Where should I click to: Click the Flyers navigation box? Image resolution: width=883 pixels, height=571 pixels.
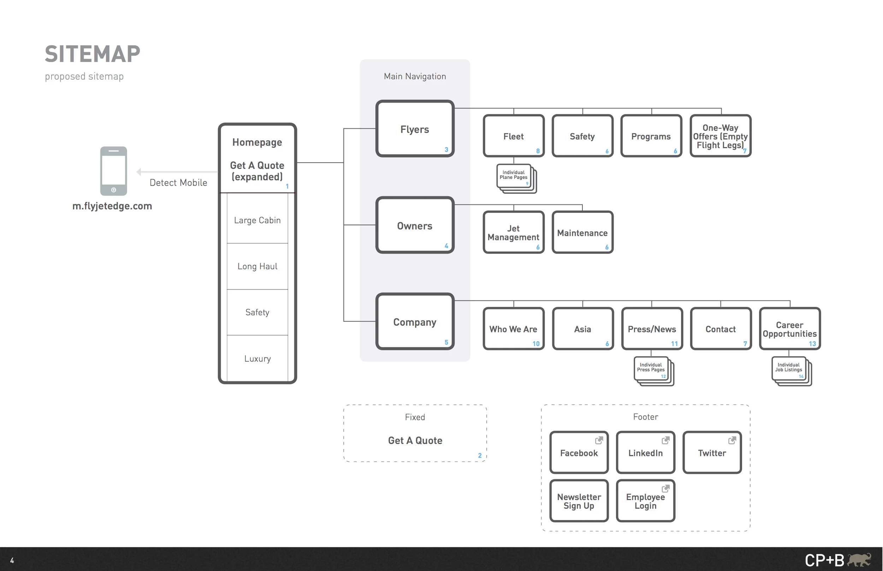tap(415, 129)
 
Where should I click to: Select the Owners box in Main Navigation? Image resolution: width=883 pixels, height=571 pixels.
tap(415, 225)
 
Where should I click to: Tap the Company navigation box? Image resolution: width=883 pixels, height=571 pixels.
tap(415, 321)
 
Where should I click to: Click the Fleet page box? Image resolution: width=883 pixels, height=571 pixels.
tap(514, 136)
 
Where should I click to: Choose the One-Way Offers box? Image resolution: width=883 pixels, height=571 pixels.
tap(721, 136)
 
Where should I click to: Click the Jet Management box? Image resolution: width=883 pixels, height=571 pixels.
tap(514, 233)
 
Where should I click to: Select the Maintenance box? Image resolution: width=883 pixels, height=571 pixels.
tap(582, 233)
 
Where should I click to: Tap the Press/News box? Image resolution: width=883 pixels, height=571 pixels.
tap(652, 329)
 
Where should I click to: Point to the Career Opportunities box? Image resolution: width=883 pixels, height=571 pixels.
tap(790, 329)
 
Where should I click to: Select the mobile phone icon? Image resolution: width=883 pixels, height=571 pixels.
tap(113, 171)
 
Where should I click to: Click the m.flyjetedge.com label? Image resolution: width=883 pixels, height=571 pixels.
tap(112, 206)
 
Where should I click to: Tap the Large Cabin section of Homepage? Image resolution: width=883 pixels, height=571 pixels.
tap(257, 220)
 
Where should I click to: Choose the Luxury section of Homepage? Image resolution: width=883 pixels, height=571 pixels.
tap(257, 358)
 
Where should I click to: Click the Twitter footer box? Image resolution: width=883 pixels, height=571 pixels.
tap(712, 452)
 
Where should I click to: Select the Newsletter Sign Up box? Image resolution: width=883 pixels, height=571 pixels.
tap(579, 500)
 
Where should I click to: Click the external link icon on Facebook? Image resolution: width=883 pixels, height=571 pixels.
tap(599, 440)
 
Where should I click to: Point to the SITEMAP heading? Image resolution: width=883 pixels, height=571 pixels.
tap(93, 54)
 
